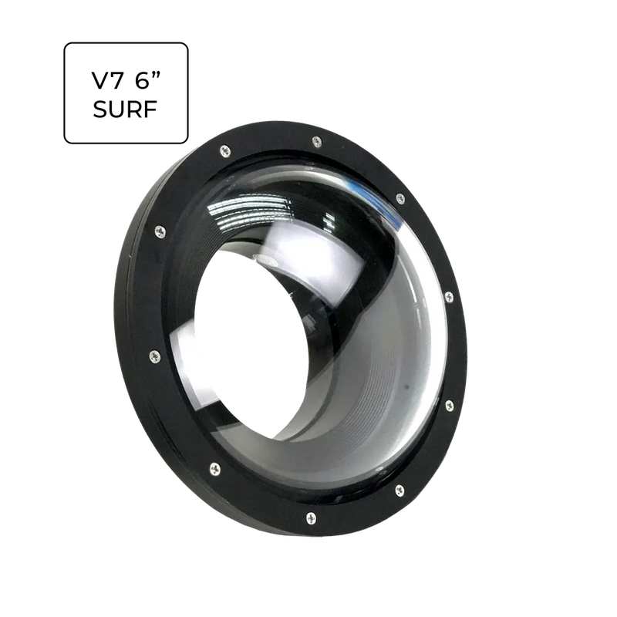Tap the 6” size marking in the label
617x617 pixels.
148,80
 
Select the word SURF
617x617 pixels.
126,109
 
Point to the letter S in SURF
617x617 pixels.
100,109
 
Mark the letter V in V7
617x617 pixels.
100,80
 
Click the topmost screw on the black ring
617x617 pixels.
317,142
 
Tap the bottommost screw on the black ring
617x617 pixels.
311,518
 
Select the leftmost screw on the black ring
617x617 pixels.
155,356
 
